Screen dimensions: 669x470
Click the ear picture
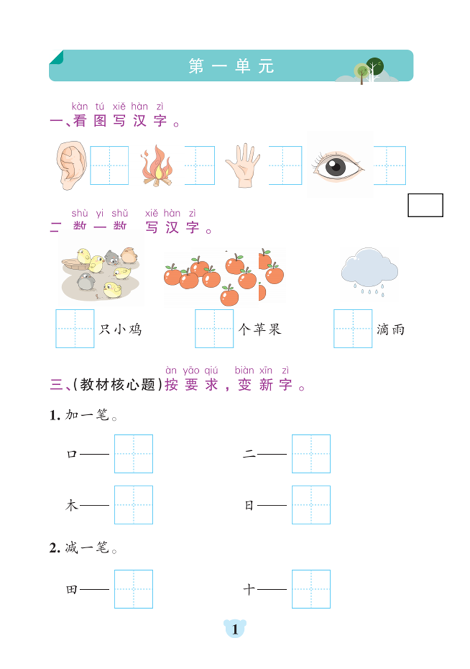(72, 165)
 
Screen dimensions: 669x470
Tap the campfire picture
(157, 165)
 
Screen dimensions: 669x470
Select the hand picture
(242, 165)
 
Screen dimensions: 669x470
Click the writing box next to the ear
(109, 165)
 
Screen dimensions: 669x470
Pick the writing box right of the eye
(389, 165)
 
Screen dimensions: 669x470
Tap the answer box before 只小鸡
(75, 329)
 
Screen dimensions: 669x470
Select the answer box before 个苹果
(214, 329)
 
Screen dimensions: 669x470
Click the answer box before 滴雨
(353, 329)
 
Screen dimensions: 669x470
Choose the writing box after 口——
(133, 454)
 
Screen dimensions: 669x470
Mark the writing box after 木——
(133, 505)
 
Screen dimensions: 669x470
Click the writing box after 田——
(133, 589)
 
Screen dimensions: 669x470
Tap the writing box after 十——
(311, 589)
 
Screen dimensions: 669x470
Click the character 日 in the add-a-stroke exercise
(249, 506)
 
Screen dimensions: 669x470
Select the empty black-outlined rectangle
(425, 205)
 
